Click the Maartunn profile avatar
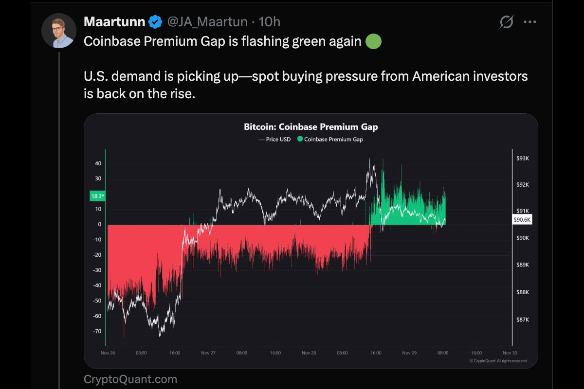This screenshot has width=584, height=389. pyautogui.click(x=58, y=31)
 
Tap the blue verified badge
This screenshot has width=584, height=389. pyautogui.click(x=155, y=22)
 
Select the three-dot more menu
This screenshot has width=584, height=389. pyautogui.click(x=529, y=22)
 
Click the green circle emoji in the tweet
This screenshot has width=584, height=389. pyautogui.click(x=373, y=41)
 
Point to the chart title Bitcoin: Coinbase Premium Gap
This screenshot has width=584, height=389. pyautogui.click(x=310, y=127)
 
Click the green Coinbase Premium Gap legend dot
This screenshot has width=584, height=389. pyautogui.click(x=300, y=140)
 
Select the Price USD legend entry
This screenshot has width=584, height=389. pyautogui.click(x=275, y=140)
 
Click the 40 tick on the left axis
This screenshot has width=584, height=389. pyautogui.click(x=98, y=163)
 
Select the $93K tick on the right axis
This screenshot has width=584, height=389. pyautogui.click(x=522, y=159)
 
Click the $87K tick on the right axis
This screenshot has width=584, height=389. pyautogui.click(x=522, y=319)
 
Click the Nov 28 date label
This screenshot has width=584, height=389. pyautogui.click(x=309, y=353)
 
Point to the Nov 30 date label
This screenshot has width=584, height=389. pyautogui.click(x=509, y=353)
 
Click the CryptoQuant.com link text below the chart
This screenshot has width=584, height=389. pyautogui.click(x=130, y=379)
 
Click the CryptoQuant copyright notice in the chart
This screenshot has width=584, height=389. pyautogui.click(x=498, y=361)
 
